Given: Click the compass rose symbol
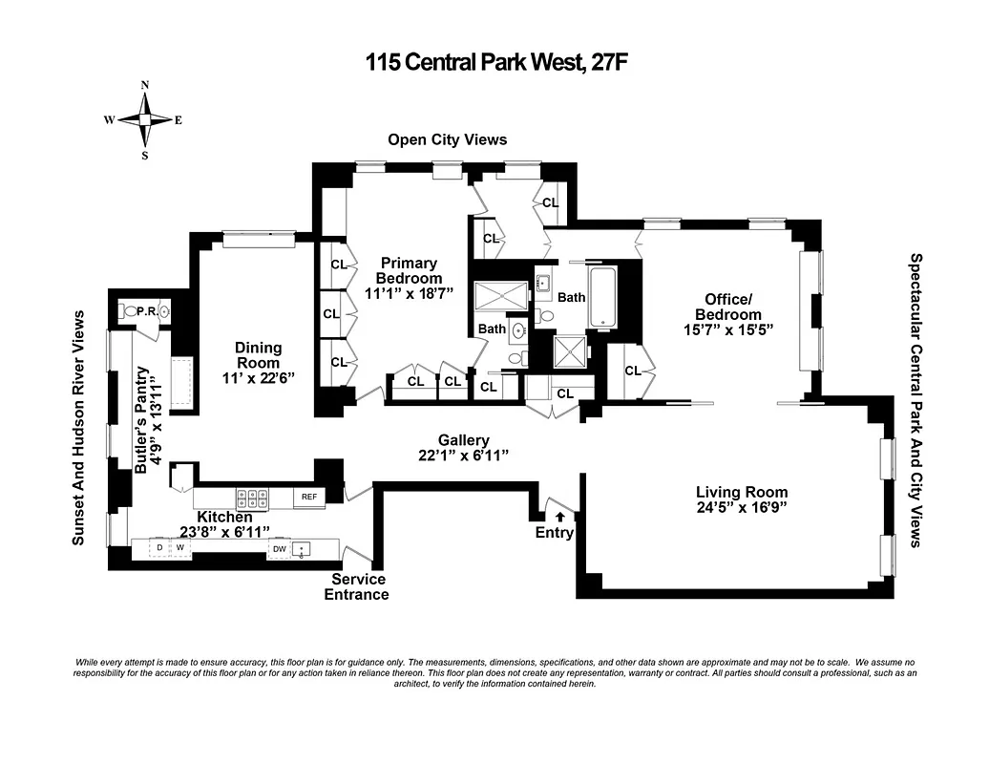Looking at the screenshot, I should pyautogui.click(x=144, y=120).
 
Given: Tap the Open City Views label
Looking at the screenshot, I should pyautogui.click(x=447, y=139).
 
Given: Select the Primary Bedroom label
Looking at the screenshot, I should pyautogui.click(x=409, y=270).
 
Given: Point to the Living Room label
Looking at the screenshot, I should pyautogui.click(x=742, y=493).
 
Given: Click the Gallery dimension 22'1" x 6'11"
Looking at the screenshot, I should pyautogui.click(x=464, y=455).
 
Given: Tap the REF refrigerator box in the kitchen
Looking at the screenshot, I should pyautogui.click(x=308, y=497).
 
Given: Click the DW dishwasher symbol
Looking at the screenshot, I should pyautogui.click(x=280, y=549).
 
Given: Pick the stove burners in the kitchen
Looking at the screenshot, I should pyautogui.click(x=252, y=498).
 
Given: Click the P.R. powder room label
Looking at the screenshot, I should pyautogui.click(x=147, y=311).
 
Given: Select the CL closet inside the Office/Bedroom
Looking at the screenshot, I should pyautogui.click(x=632, y=371).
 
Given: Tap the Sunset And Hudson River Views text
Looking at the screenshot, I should pyautogui.click(x=79, y=428).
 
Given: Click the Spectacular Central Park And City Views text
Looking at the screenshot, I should pyautogui.click(x=914, y=400).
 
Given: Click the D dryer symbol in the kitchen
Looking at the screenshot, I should pyautogui.click(x=159, y=548).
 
